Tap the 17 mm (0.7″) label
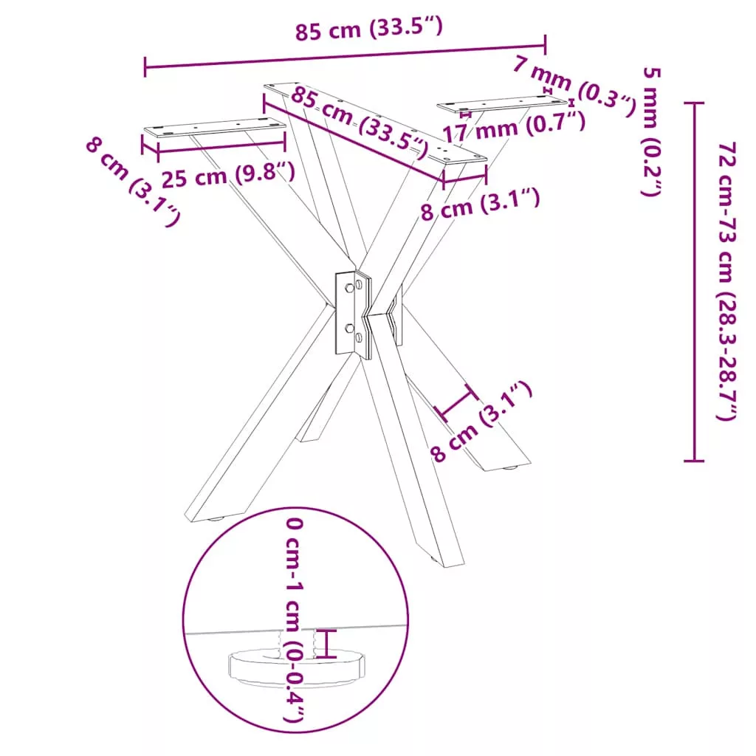[x=514, y=127]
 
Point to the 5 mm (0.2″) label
[x=651, y=131]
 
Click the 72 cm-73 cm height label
[x=726, y=281]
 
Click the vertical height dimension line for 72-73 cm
[x=694, y=281]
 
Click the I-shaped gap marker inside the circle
[x=327, y=643]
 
